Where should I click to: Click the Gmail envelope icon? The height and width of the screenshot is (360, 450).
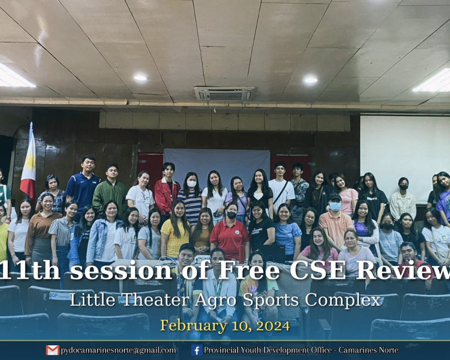pyautogui.click(x=53, y=350)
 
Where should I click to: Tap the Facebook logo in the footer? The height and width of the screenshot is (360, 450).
pyautogui.click(x=197, y=350)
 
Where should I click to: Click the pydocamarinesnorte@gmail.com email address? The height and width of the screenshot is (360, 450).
pyautogui.click(x=118, y=351)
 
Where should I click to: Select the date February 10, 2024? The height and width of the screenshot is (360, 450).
pyautogui.click(x=225, y=326)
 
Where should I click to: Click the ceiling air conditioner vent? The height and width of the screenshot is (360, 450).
pyautogui.click(x=225, y=94)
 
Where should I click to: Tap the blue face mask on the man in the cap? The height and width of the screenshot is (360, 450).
pyautogui.click(x=335, y=206)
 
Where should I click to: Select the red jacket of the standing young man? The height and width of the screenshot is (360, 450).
pyautogui.click(x=166, y=197)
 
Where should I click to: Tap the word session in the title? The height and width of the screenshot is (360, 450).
pyautogui.click(x=121, y=271)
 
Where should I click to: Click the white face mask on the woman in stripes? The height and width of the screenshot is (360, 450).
pyautogui.click(x=191, y=184)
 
